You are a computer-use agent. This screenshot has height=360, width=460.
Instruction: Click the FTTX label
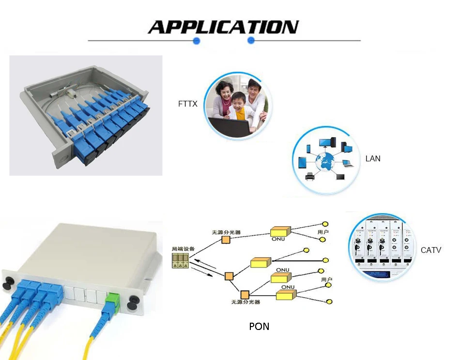(x=188, y=104)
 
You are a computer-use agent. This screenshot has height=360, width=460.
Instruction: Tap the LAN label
(x=373, y=158)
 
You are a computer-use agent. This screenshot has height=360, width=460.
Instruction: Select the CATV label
(x=431, y=250)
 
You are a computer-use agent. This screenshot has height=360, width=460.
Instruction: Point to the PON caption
(x=259, y=326)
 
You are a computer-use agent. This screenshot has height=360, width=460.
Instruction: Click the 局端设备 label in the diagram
(x=184, y=249)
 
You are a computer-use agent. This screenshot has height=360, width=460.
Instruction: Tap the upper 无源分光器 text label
(x=226, y=232)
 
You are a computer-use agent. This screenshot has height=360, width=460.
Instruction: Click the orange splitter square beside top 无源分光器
(x=226, y=240)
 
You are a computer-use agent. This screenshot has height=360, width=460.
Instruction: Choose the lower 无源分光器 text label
(x=245, y=302)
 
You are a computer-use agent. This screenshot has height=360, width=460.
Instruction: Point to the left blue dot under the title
(x=197, y=41)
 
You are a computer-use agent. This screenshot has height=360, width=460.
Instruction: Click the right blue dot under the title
(x=251, y=41)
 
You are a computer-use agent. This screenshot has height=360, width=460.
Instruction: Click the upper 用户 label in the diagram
(x=323, y=232)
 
